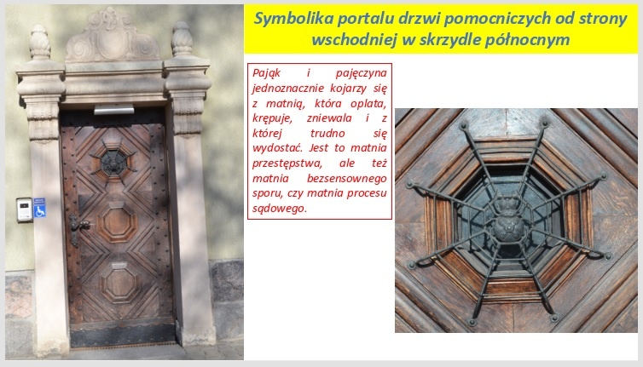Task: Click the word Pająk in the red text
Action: point(266,73)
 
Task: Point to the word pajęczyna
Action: point(361,73)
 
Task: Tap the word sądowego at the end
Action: point(279,209)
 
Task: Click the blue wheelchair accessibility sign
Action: point(39,208)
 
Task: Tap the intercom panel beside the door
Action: point(24,209)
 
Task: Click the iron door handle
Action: point(78,227)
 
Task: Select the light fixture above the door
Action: point(114,109)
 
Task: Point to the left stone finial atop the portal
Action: point(40,43)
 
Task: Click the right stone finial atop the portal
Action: point(182,39)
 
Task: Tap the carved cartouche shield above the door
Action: point(111,37)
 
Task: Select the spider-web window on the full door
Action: point(113,162)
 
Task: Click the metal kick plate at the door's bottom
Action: point(123,335)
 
